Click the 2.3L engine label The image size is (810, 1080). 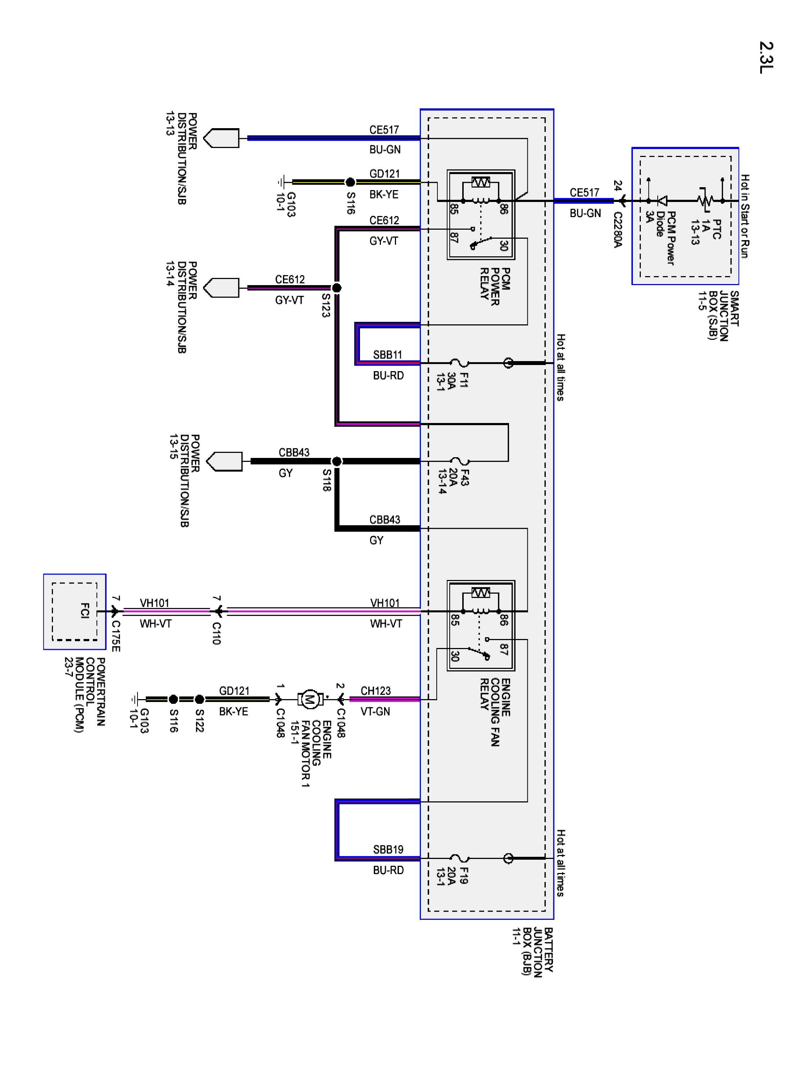coord(766,58)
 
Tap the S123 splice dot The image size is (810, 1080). coord(336,288)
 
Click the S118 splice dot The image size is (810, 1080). coord(336,461)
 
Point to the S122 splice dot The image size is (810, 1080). coord(199,699)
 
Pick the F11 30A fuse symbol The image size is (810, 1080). coord(459,363)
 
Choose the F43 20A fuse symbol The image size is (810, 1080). coord(459,461)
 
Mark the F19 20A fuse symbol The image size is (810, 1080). coord(459,858)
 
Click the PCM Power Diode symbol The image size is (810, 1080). coord(662,201)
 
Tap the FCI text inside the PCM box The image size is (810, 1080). coord(85,611)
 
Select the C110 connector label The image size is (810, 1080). coord(216,633)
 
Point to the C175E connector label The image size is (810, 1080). coord(116,636)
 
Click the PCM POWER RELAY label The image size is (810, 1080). coord(495,287)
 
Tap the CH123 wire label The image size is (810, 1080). coord(375,691)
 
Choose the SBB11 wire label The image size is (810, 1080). coord(388,355)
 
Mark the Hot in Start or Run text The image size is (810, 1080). coord(744,216)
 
